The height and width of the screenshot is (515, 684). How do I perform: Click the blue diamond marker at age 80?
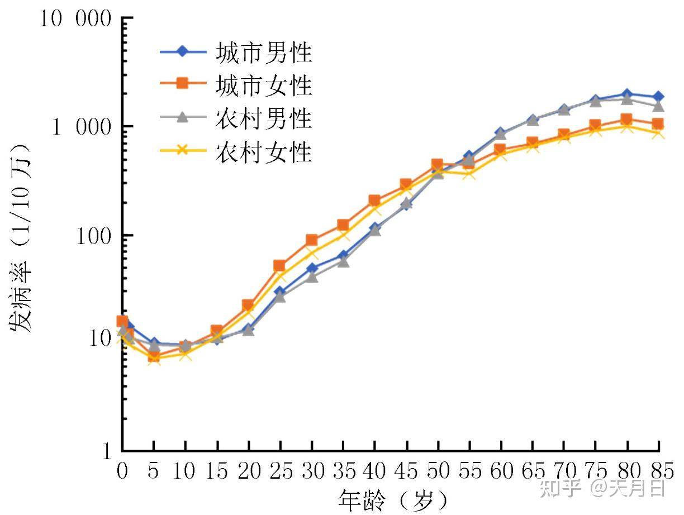coord(628,94)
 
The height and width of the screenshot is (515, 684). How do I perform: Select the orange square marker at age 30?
coord(311,241)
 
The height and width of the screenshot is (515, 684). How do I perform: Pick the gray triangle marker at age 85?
coord(658,106)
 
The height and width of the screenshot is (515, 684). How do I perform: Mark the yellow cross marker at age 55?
coord(469,174)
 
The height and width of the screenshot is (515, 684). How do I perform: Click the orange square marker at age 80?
coord(627,120)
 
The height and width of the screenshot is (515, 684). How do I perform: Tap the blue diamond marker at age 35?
coord(343,256)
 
